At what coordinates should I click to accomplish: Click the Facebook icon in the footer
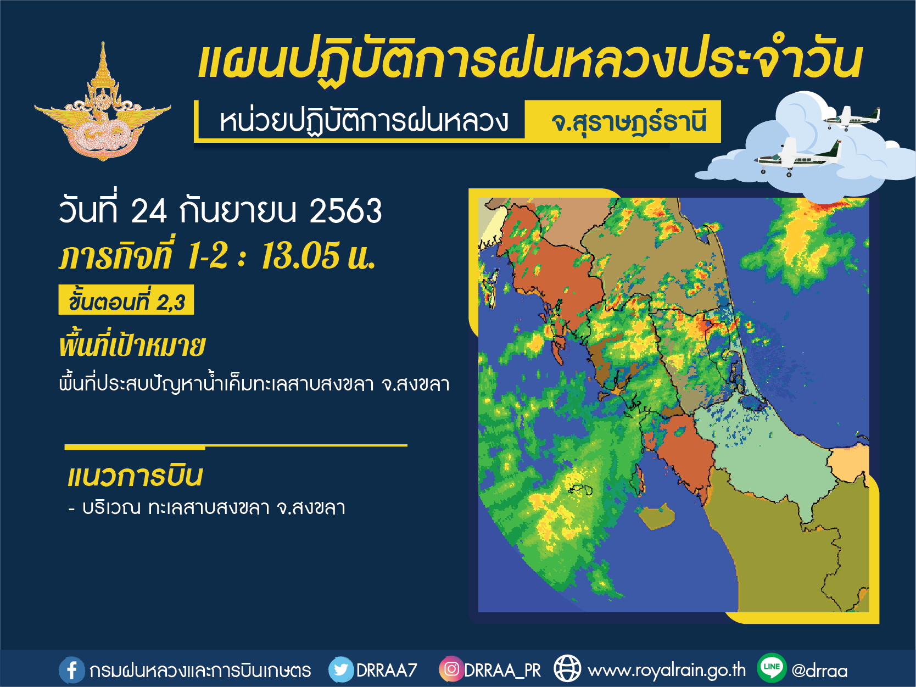coord(71,670)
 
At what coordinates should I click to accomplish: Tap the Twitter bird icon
coord(341,669)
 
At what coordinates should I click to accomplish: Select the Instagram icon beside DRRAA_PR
coord(451,669)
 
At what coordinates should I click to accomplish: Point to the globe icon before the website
coord(567,669)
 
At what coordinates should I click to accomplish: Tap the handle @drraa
coord(819,671)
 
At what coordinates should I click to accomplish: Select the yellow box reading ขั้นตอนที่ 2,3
coord(126,299)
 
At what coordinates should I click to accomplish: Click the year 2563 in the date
coord(345,211)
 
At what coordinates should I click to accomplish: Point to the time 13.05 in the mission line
coord(300,255)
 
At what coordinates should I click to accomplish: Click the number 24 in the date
coord(149,211)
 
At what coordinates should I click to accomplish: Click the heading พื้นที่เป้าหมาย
coord(132,346)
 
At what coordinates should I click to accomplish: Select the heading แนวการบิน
coord(135,476)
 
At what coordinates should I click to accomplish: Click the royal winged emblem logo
coord(103,102)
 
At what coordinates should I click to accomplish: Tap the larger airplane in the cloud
coord(797,157)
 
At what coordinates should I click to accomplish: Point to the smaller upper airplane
coord(851,118)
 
